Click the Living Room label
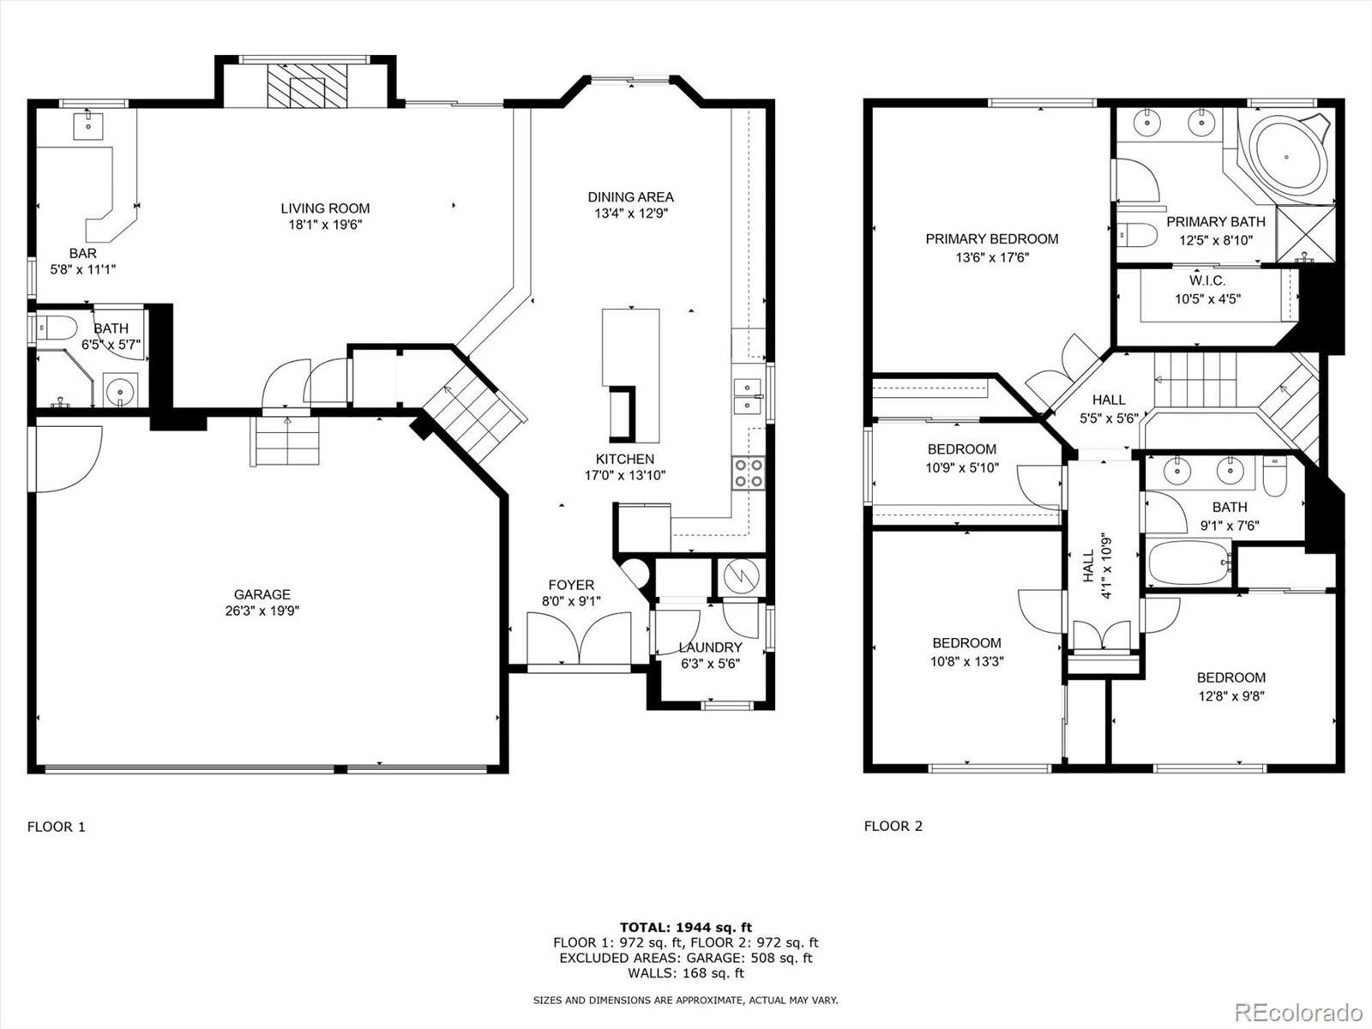click(x=325, y=208)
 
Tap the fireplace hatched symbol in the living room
click(x=307, y=86)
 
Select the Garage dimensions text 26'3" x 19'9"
click(x=262, y=611)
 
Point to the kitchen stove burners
click(x=749, y=473)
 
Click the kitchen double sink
click(x=748, y=395)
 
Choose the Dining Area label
click(x=630, y=197)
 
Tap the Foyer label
click(x=571, y=586)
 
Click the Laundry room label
click(x=711, y=648)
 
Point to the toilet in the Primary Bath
click(x=1137, y=235)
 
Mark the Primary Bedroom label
click(x=992, y=239)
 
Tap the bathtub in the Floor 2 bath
click(x=1190, y=563)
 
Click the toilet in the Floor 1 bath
click(x=57, y=327)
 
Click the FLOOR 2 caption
click(x=894, y=826)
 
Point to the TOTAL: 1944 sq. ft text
click(x=686, y=928)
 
